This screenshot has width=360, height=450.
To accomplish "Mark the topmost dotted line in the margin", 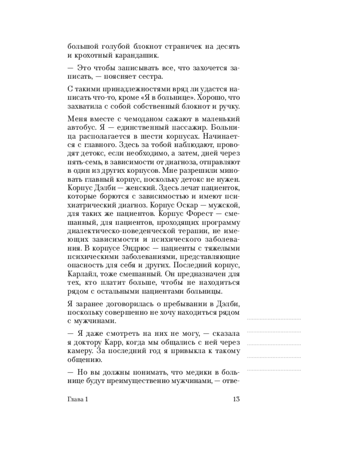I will pyautogui.click(x=274, y=319).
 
